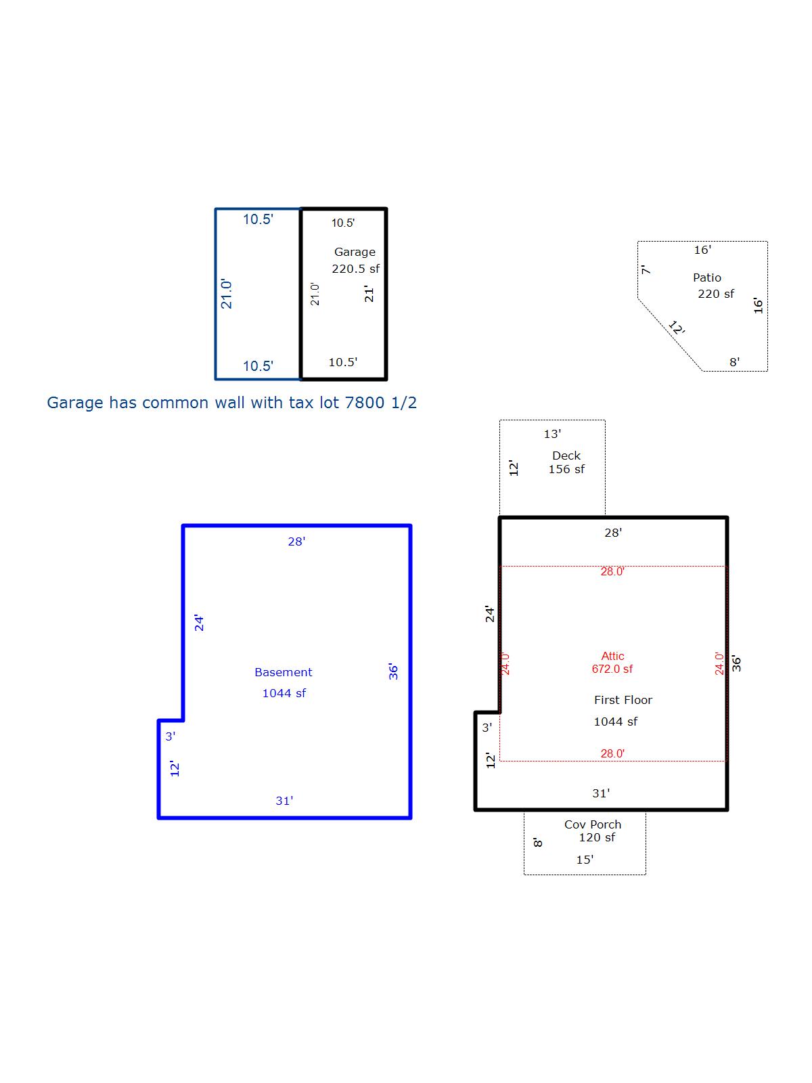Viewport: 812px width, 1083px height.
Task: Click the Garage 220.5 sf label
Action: [x=355, y=260]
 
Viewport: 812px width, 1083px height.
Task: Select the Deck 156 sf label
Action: [x=566, y=462]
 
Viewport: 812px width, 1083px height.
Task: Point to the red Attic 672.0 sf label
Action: [x=612, y=663]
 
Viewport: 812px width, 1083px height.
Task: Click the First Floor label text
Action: [x=623, y=700]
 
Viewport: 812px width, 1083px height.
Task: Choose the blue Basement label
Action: [x=284, y=673]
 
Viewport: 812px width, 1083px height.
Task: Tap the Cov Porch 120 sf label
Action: [x=593, y=831]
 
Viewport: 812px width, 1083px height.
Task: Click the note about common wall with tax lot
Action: [x=231, y=403]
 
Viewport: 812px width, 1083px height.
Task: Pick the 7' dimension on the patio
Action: [x=646, y=269]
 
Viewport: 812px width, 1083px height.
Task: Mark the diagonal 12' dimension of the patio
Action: [x=677, y=327]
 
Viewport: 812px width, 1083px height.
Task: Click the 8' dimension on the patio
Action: [x=735, y=362]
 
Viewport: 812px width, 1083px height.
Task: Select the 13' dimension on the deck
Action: [x=552, y=434]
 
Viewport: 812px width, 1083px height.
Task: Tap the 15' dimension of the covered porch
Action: [x=585, y=860]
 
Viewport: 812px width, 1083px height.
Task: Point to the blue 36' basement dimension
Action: [x=393, y=671]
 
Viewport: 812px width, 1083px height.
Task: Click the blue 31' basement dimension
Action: [x=284, y=801]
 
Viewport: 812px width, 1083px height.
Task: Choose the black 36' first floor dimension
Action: [x=736, y=663]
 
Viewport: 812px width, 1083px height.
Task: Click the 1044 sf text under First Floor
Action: [x=615, y=722]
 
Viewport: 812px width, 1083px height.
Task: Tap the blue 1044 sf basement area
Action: [x=284, y=693]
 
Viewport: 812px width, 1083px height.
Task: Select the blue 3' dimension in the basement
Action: [x=171, y=736]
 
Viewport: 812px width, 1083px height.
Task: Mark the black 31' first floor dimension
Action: [x=601, y=793]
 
